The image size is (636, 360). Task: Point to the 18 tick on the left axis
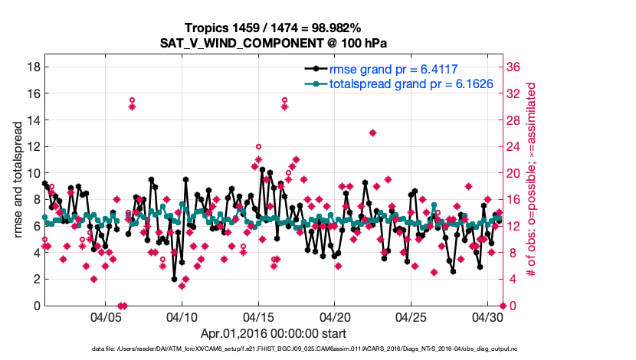coord(33,67)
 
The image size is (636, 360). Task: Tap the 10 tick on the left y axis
coord(33,173)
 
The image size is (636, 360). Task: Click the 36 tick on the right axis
coord(515,67)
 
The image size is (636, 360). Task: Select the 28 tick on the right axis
coord(515,120)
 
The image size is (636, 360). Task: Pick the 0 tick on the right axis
coord(511,306)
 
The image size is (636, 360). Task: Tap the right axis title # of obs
coord(530,179)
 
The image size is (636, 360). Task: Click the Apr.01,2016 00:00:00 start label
coord(273,334)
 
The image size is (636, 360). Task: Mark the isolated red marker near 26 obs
coord(372,133)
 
